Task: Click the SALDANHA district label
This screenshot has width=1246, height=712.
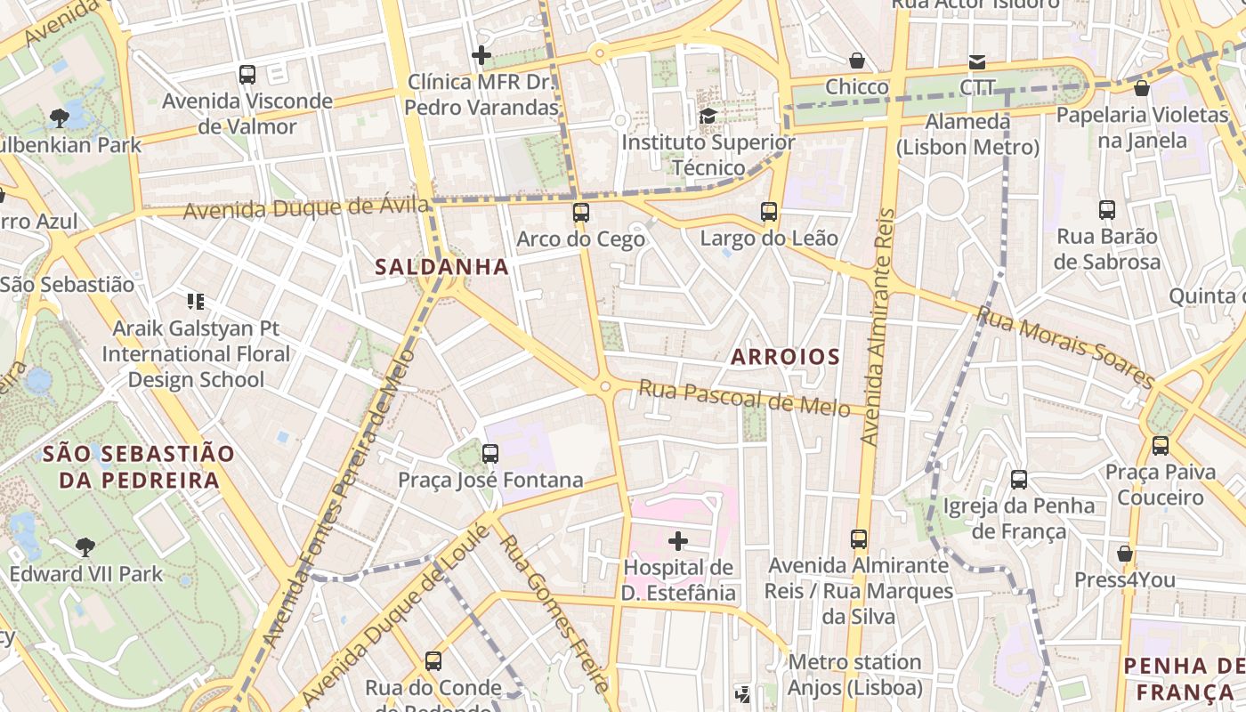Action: (441, 267)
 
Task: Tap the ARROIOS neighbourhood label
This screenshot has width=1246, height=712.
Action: (785, 357)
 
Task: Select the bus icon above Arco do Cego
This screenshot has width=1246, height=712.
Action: (581, 213)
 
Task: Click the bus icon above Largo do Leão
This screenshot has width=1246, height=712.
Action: (769, 212)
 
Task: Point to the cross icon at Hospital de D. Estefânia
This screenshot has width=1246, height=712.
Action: (678, 540)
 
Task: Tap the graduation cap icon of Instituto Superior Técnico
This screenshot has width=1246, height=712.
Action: (708, 116)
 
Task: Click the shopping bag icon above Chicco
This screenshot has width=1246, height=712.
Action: (856, 61)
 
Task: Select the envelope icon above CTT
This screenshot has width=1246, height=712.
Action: (977, 61)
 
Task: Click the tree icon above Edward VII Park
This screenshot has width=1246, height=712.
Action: (85, 546)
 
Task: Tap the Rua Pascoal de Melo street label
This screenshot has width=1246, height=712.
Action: (744, 398)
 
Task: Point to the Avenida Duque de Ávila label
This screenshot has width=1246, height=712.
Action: (306, 209)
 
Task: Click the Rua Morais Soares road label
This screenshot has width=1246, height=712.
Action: (1064, 346)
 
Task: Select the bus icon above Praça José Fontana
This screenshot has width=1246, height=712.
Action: (489, 454)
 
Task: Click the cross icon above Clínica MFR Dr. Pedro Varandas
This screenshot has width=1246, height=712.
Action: (481, 55)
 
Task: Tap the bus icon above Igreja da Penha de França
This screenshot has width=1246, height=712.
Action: (1019, 480)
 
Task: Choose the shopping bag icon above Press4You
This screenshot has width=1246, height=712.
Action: (1125, 554)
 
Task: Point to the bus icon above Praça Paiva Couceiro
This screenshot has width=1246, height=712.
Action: (1160, 445)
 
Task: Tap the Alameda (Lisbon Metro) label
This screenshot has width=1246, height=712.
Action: (967, 134)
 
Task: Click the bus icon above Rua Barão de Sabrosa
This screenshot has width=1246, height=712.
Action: (1107, 210)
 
